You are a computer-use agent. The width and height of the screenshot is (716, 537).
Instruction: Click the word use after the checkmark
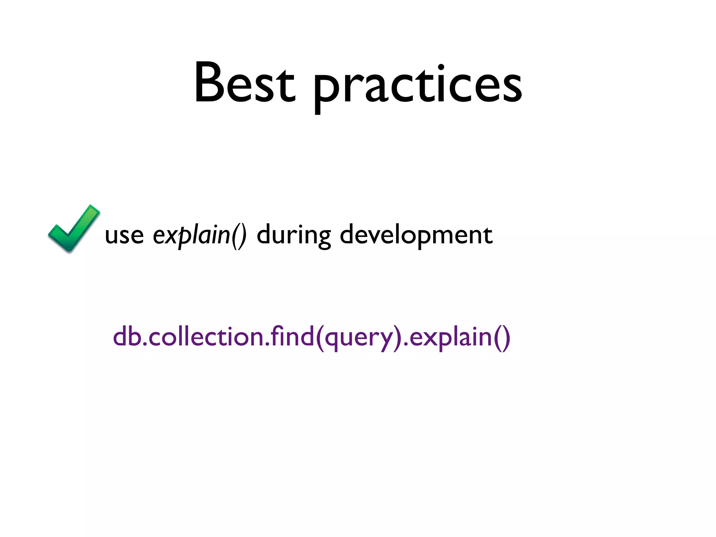pos(124,235)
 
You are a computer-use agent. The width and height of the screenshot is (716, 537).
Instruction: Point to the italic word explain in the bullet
pos(191,235)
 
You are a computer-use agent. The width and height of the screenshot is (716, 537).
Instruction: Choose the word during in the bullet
pos(294,235)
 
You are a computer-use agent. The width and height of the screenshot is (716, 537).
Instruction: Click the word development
pos(416,235)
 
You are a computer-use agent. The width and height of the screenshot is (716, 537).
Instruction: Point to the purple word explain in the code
pos(451,338)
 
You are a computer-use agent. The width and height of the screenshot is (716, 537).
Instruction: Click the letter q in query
pos(332,339)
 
